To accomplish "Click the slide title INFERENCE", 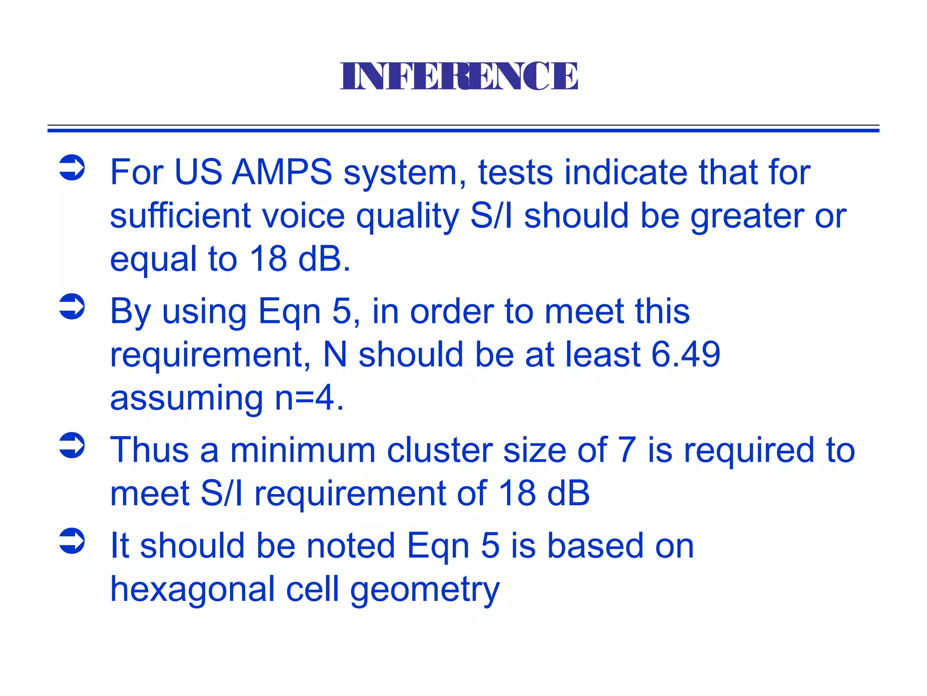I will [x=459, y=76].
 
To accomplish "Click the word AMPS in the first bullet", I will [x=282, y=172].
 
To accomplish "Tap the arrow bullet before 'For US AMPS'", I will [x=72, y=168].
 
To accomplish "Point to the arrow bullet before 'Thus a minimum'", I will [x=72, y=445].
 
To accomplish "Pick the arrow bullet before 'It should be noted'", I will [x=72, y=541].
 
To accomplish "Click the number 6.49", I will [x=685, y=354].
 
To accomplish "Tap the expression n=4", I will [x=309, y=397].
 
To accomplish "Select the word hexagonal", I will [x=192, y=589].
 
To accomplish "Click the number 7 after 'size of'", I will [x=627, y=450].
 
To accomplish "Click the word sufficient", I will [x=180, y=216].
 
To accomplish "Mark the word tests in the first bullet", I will [x=516, y=173].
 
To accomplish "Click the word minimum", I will [x=303, y=450].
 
